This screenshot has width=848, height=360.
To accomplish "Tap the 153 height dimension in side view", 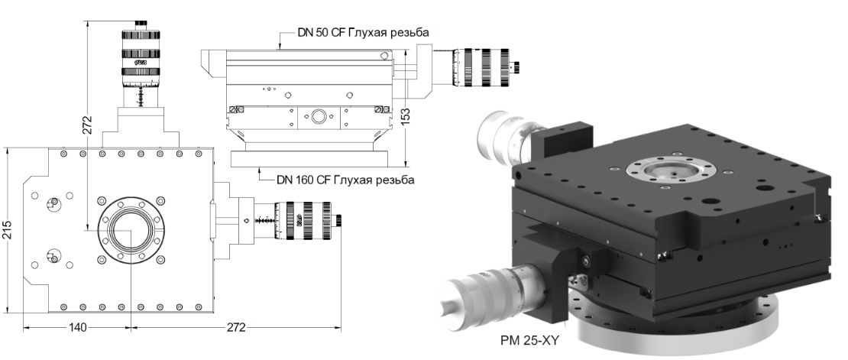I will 406,115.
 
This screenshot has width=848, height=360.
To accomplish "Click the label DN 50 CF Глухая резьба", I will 362,33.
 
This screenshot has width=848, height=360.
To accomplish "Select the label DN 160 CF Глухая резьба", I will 345,180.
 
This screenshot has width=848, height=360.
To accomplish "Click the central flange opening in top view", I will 128,229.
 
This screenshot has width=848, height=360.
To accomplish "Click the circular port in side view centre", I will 316,117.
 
